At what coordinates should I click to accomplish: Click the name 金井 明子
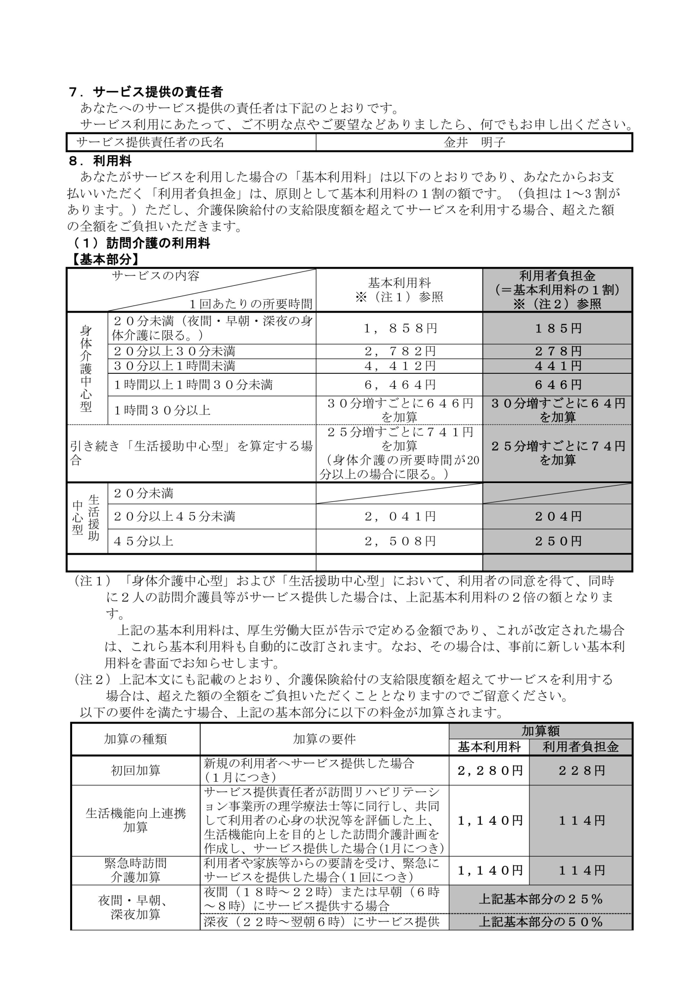coord(474,142)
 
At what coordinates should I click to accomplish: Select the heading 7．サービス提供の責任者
coord(145,92)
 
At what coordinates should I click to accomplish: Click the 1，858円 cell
coord(399,328)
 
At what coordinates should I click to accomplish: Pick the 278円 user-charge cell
coord(558,352)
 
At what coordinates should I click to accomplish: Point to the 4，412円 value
coord(399,366)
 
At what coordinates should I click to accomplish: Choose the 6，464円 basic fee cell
coord(399,385)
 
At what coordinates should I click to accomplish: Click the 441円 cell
coord(558,366)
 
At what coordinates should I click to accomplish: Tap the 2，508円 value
coord(399,541)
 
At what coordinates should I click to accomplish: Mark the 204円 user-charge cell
coord(558,517)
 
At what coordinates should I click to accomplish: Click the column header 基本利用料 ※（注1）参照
coord(399,290)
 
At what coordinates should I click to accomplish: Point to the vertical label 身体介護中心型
coord(86,368)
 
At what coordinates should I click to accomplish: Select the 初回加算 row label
coord(135,770)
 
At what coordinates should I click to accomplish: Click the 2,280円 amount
coord(489,770)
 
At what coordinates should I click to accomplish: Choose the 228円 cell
coord(581,770)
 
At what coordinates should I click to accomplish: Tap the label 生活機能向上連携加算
coord(135,820)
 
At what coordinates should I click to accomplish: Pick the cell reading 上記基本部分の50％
coord(541,922)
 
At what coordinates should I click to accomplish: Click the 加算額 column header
coord(541,731)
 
